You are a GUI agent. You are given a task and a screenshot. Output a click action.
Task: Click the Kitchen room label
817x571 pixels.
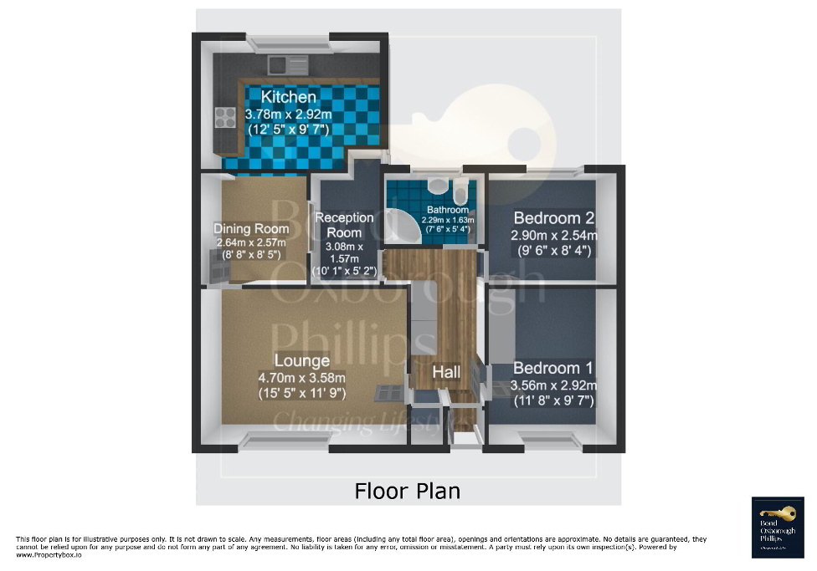tap(289, 97)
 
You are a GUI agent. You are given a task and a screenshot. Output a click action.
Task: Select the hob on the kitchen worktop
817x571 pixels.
tap(225, 117)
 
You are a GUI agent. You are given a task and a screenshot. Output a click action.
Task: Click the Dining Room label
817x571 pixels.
tap(251, 228)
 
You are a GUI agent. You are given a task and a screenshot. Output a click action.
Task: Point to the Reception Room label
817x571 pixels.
tap(343, 225)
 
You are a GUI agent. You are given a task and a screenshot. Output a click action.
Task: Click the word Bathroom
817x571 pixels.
tap(447, 210)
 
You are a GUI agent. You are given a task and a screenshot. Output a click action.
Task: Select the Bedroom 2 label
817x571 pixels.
tap(553, 218)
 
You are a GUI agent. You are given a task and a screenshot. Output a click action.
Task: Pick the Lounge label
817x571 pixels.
tap(302, 361)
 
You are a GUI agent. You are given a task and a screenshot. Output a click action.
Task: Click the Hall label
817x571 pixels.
tap(446, 371)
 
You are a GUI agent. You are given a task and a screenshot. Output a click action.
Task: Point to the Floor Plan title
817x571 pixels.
tap(408, 490)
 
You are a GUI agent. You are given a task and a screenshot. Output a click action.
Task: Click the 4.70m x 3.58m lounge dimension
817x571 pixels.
tap(301, 377)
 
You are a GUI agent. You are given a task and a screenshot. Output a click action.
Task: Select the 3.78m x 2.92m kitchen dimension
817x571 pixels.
tap(288, 114)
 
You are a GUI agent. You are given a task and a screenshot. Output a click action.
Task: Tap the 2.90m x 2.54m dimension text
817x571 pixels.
tap(553, 236)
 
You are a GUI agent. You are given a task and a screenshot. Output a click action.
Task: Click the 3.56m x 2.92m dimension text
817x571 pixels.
tap(553, 385)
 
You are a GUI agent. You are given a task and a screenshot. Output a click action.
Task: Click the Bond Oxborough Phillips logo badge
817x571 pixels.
tap(778, 523)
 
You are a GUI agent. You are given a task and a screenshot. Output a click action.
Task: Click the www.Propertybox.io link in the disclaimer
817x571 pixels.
tap(49, 554)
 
